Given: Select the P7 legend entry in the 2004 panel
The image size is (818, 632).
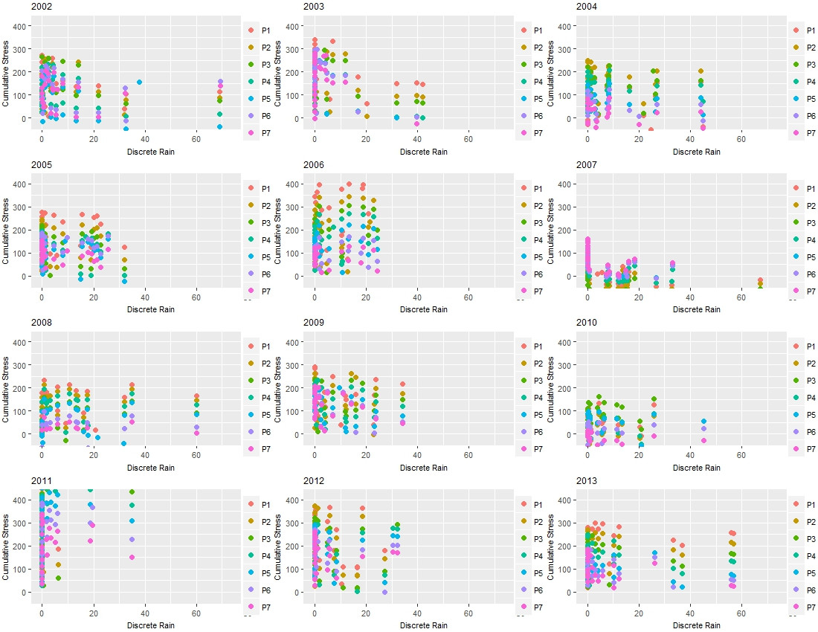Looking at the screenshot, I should point(804,133).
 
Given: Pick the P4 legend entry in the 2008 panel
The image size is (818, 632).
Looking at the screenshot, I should point(258,398).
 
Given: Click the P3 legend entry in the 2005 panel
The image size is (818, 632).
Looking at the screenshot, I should point(258,222).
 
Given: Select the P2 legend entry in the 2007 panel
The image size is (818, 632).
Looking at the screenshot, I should point(804,205).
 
